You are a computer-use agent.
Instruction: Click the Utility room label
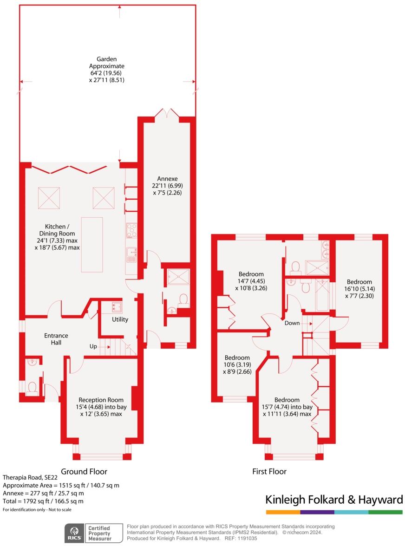point(120,319)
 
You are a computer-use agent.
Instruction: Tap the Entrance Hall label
point(56,339)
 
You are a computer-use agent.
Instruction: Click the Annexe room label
point(167,179)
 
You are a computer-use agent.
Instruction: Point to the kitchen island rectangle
point(92,244)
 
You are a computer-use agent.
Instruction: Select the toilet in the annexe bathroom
point(183,299)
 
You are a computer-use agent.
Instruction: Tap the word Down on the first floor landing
point(292,323)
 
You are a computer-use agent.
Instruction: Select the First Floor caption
point(269,471)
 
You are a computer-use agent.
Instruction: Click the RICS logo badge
point(74,533)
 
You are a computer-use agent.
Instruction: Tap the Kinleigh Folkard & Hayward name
point(333,500)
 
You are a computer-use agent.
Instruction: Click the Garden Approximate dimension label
point(106,70)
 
